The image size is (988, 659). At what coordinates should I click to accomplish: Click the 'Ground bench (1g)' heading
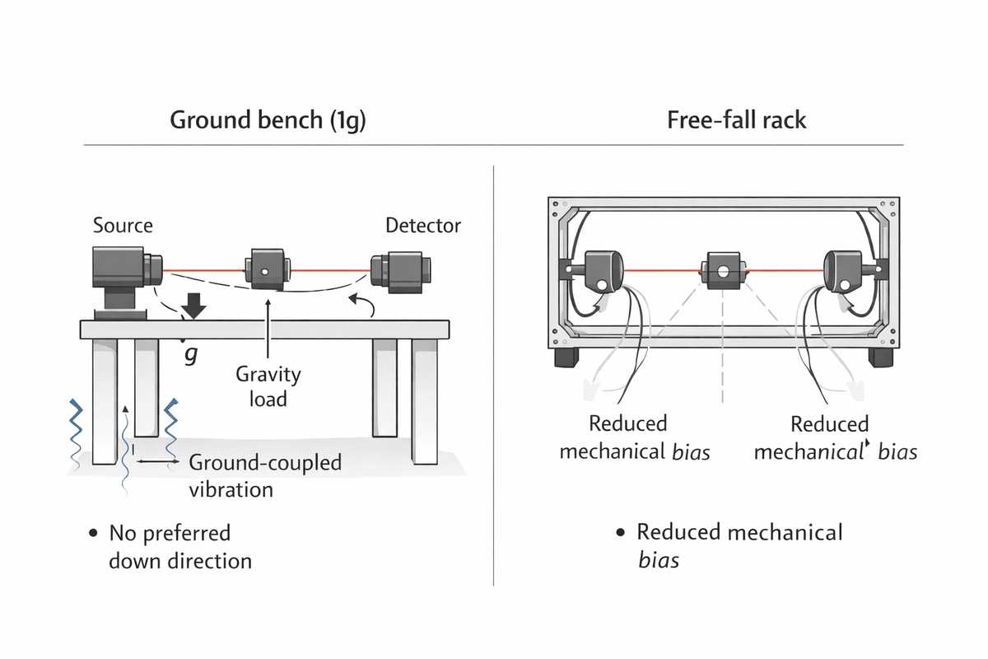click(x=268, y=120)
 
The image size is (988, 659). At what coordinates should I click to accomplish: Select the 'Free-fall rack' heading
click(x=737, y=120)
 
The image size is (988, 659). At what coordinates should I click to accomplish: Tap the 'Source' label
click(x=123, y=225)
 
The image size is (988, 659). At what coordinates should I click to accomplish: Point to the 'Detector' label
click(x=423, y=225)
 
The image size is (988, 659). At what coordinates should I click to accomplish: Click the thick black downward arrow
click(x=194, y=306)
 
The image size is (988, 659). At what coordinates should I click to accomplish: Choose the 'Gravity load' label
click(x=268, y=386)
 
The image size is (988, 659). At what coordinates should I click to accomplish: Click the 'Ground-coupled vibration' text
click(x=264, y=475)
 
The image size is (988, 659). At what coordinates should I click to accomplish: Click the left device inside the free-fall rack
click(x=603, y=270)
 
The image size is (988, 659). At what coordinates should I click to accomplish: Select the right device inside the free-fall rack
click(x=845, y=270)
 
